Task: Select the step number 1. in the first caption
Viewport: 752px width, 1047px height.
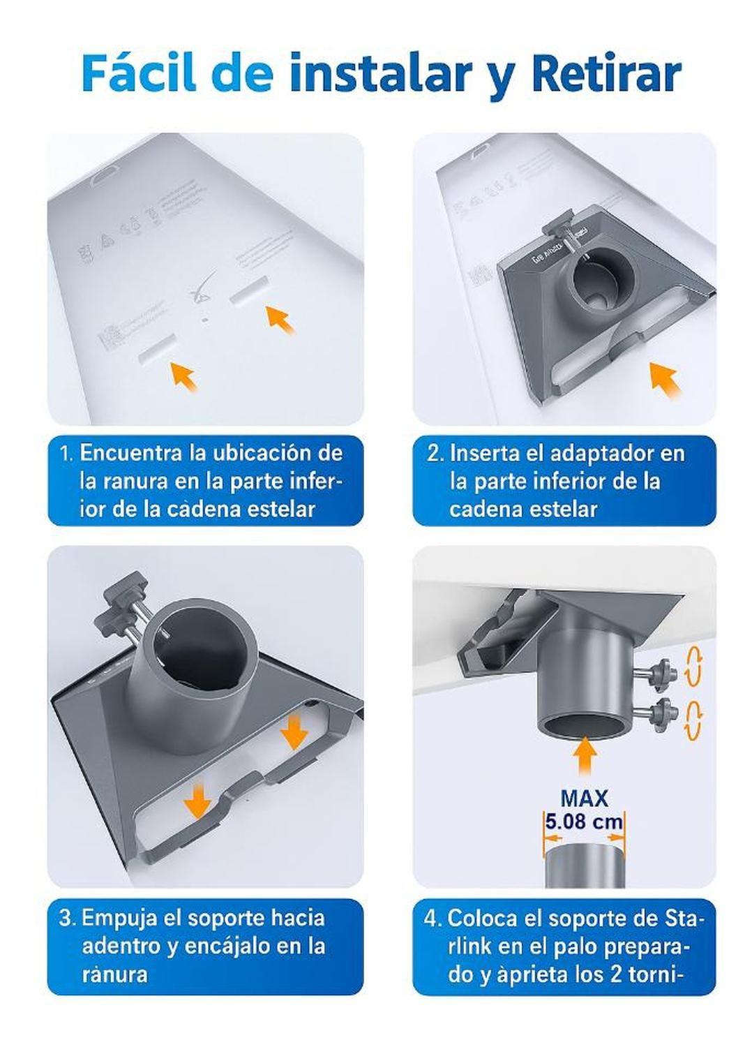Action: (66, 454)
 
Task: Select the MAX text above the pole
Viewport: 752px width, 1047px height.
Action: (584, 798)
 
